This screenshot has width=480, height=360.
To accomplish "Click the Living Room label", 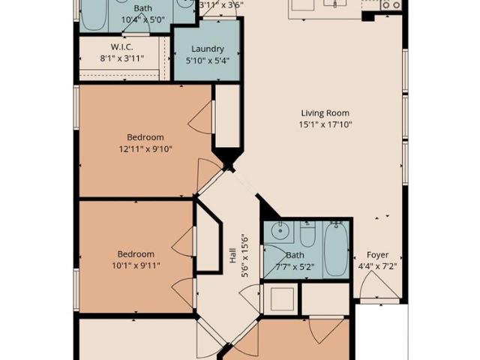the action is [x=325, y=113].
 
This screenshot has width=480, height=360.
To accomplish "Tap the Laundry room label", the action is [x=208, y=49].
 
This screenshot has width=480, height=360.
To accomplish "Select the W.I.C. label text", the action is [x=121, y=46].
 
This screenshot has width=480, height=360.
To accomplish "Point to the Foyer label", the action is [x=378, y=255].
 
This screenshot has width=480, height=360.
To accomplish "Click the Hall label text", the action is [x=233, y=255].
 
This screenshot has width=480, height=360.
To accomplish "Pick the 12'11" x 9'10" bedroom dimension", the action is [x=145, y=149].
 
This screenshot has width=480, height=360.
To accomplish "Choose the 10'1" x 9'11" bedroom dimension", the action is [x=136, y=265].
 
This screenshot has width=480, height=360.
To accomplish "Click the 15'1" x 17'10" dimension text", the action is [x=325, y=124].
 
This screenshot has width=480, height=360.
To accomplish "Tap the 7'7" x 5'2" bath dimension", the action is [x=295, y=267].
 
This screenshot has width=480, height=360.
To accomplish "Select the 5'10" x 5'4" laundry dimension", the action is [x=208, y=61].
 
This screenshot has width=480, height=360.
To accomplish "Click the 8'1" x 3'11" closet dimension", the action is [x=121, y=58].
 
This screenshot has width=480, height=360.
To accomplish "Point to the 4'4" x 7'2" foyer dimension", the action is [x=377, y=266].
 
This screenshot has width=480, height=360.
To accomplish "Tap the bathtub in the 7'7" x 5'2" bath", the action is [x=336, y=249].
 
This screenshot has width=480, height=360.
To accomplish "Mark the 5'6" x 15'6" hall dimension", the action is [x=245, y=255].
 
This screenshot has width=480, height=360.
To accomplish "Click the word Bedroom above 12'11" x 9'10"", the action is [x=145, y=137].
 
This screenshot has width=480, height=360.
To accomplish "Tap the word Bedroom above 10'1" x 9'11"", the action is [x=136, y=254].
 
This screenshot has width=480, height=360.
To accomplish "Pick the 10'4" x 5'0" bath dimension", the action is [x=143, y=20].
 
